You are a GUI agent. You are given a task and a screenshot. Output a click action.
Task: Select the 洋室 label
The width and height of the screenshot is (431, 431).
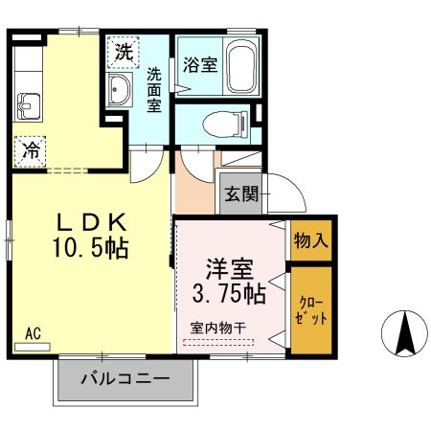(x=228, y=265)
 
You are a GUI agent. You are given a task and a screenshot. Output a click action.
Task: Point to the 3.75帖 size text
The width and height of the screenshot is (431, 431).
(x=228, y=289)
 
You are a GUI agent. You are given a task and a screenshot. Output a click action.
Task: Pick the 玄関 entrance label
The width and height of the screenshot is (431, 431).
(x=241, y=194)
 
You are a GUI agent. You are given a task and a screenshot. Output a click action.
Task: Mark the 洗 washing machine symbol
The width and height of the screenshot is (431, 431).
(x=123, y=53)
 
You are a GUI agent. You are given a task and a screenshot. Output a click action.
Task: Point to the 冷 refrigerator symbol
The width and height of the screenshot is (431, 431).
(x=30, y=149)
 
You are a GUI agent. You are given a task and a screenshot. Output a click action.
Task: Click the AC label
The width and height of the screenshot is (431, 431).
(x=33, y=333)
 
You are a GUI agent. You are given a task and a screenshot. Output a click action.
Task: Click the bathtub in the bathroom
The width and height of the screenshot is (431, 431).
(x=240, y=67)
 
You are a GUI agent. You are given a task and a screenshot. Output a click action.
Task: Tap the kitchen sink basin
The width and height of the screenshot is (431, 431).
(x=26, y=104)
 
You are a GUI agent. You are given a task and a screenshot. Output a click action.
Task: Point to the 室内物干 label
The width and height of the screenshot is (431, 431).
(x=219, y=326)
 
